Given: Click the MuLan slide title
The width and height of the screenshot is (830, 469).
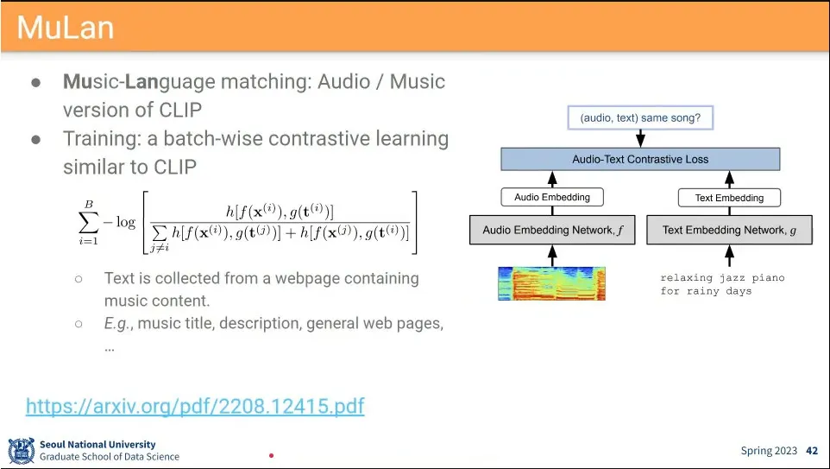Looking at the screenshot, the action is (x=66, y=28).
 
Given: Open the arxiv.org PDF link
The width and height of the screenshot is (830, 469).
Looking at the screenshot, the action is (x=195, y=406).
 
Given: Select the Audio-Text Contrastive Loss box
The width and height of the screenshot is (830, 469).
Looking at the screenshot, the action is (x=640, y=159).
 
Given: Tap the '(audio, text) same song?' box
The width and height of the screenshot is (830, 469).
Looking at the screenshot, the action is (x=640, y=117).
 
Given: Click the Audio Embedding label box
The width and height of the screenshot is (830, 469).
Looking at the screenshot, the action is (x=552, y=197).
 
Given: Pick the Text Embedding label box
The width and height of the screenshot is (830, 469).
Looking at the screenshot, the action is (x=729, y=198).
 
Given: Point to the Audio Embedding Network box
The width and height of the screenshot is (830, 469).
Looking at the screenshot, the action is (x=551, y=230).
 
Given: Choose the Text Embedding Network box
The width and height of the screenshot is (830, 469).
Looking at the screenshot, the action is (x=729, y=230).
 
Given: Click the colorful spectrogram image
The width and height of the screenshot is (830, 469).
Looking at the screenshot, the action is (x=551, y=283).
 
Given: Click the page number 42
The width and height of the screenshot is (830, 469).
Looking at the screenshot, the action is (x=811, y=451).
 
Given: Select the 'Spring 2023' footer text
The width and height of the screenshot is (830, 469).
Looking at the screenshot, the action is (x=770, y=451).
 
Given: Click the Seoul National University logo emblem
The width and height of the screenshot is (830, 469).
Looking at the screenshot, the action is (x=22, y=451).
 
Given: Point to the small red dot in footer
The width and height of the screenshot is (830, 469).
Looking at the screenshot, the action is (x=271, y=455).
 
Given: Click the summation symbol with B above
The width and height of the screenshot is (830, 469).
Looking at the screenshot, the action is (x=89, y=221).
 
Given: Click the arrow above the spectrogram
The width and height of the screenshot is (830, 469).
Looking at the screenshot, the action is (x=551, y=255).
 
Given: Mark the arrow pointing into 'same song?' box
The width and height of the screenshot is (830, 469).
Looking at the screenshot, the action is (x=640, y=138).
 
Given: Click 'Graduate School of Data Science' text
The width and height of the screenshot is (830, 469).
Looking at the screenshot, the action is (x=110, y=457).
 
